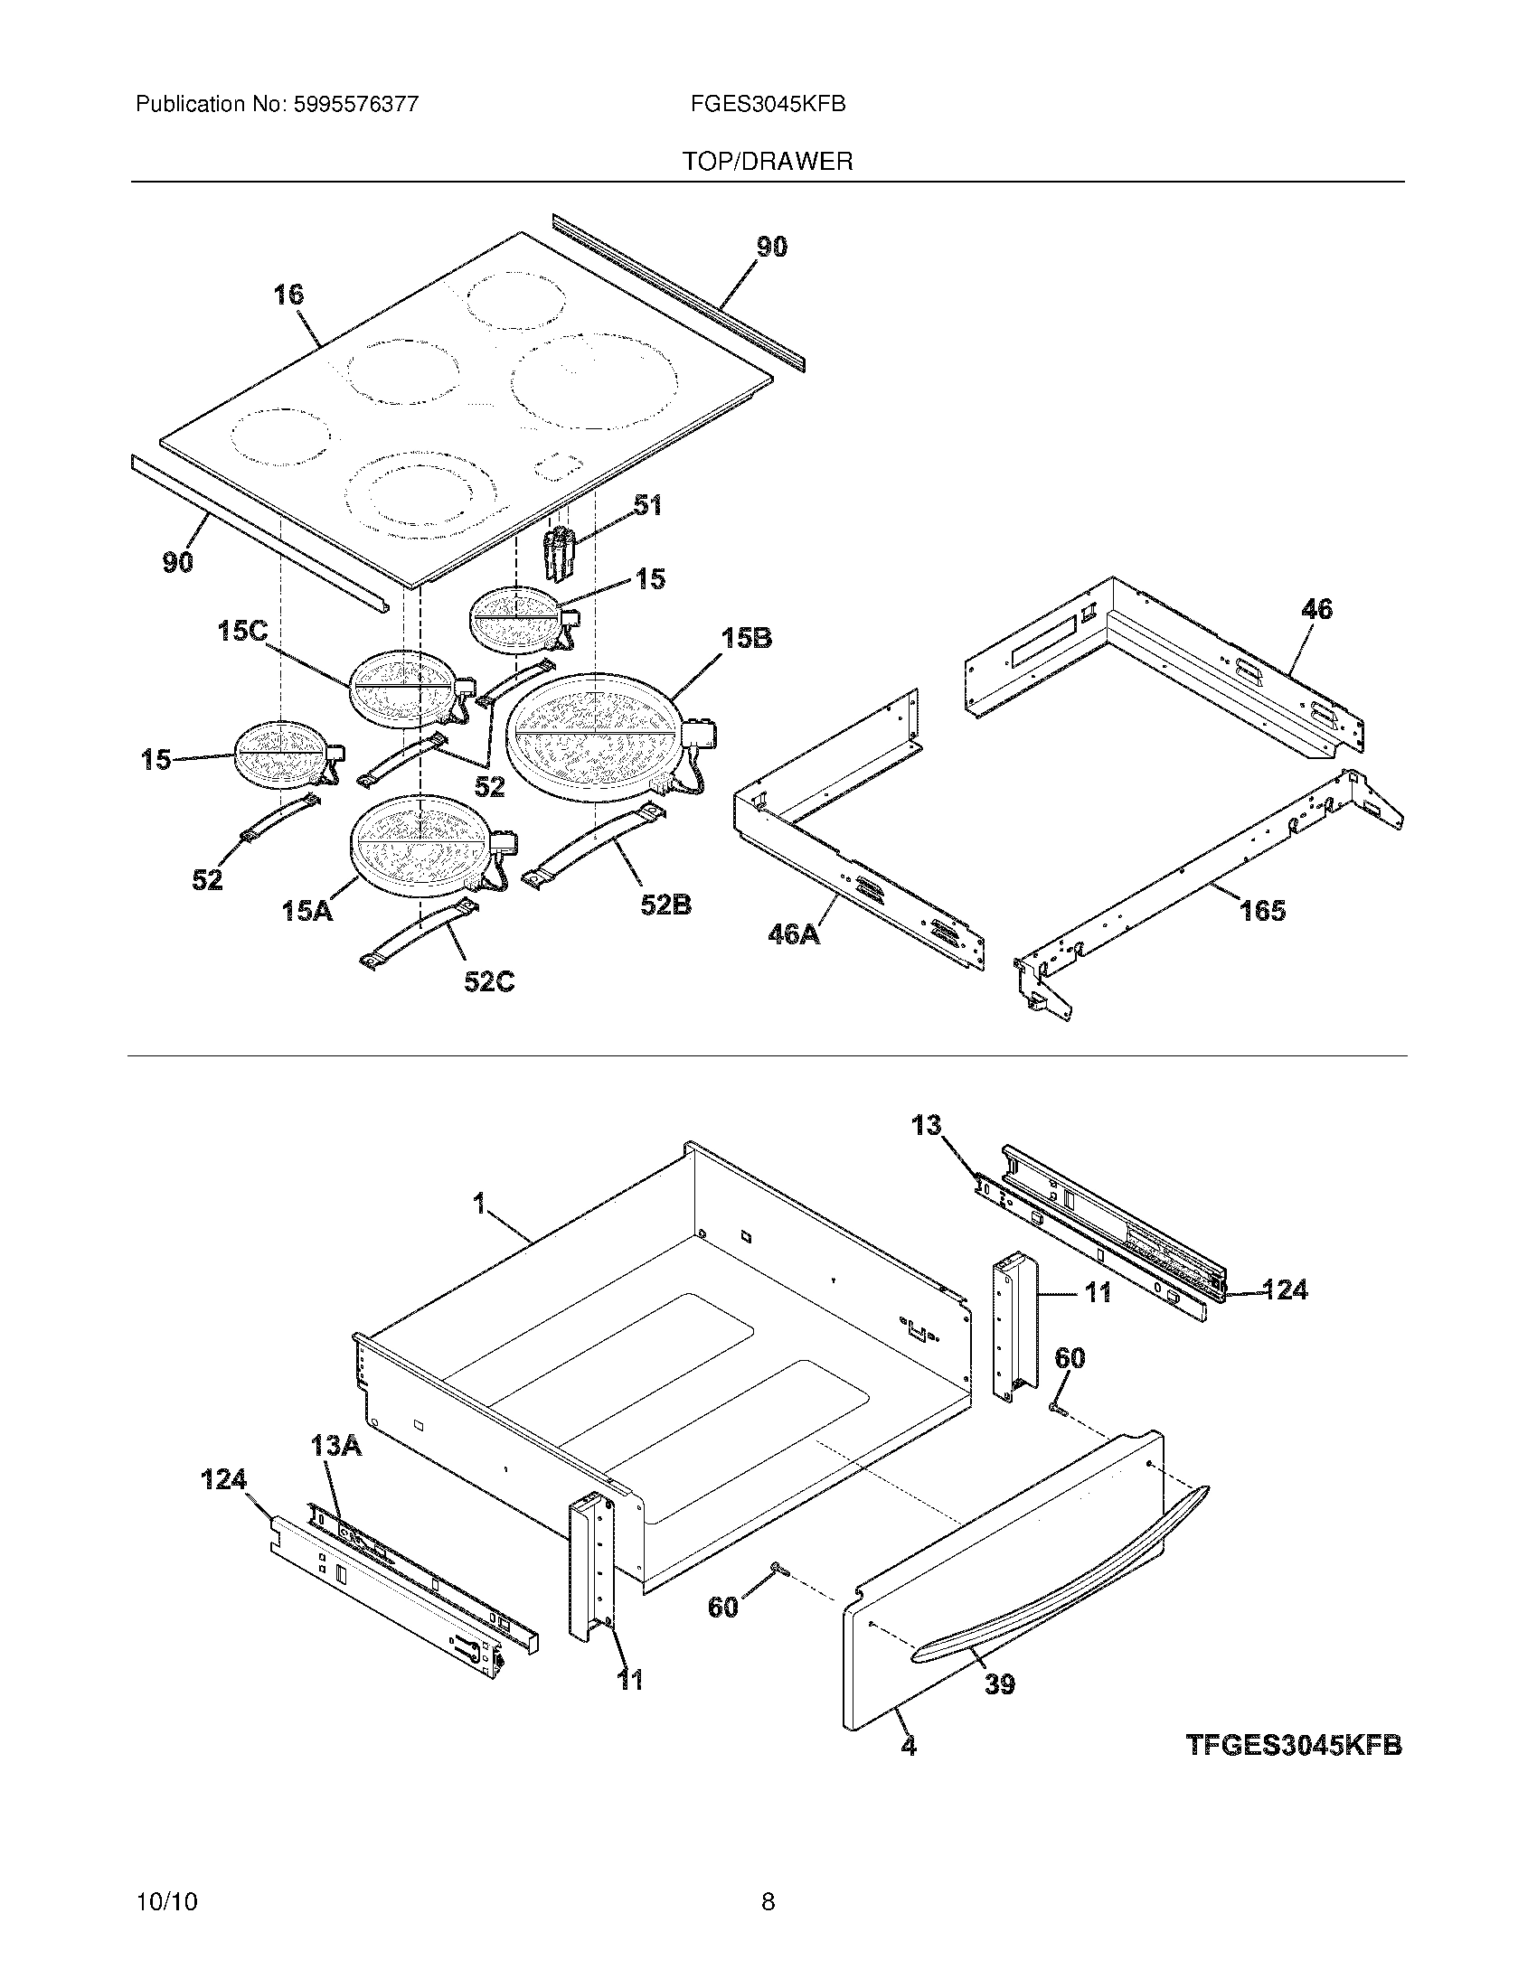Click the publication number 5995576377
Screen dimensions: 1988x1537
355,105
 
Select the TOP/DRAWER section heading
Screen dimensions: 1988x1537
768,162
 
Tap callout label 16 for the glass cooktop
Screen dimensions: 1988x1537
288,295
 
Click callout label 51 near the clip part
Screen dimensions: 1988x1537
647,505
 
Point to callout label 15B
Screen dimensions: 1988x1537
747,639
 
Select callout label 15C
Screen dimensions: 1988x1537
242,631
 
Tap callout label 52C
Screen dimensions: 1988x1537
489,981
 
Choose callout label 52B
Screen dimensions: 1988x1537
665,905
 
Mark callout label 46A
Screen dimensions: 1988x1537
794,933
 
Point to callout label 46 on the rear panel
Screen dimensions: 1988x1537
1316,609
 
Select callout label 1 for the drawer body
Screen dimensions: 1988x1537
479,1205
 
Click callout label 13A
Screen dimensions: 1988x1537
336,1445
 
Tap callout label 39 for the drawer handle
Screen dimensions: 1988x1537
1000,1684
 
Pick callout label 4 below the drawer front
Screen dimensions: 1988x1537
908,1746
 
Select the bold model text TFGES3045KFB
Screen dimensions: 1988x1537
1294,1745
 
